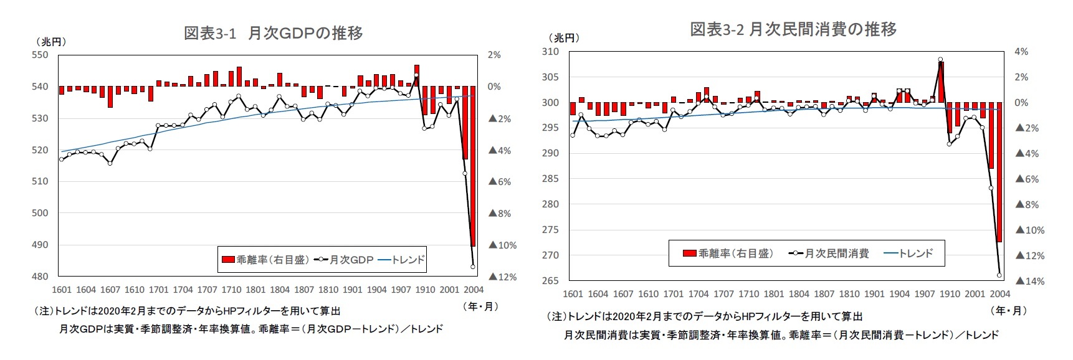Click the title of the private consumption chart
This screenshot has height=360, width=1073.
coord(793,29)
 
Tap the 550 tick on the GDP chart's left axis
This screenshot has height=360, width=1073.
coord(39,55)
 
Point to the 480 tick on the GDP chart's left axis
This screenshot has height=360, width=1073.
coord(39,277)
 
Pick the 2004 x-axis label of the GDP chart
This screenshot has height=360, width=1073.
coord(474,290)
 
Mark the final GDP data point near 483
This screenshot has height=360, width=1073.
coord(473,267)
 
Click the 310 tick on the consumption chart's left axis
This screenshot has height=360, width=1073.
coord(551,52)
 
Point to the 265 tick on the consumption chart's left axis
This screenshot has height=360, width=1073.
coord(551,281)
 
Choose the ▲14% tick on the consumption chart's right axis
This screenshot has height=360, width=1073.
coord(1029,281)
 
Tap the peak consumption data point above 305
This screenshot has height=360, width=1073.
coord(940,60)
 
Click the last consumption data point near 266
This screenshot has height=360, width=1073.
coord(999,275)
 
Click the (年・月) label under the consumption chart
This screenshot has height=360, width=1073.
coord(1008,310)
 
